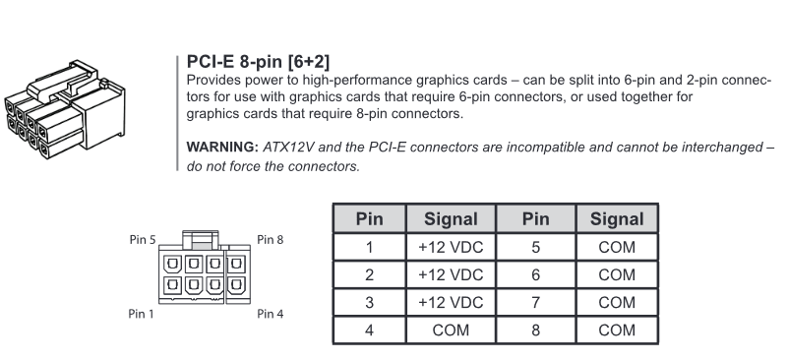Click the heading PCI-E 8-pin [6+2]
coord(259,62)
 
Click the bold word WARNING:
coord(222,148)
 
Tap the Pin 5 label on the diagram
coord(143,240)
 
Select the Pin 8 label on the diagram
coord(271,240)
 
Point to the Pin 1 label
coord(142,314)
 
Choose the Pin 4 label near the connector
coord(271,314)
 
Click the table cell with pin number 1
coord(369,247)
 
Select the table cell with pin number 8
coord(536,330)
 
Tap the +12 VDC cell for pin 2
coord(451,275)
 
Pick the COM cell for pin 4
coord(451,330)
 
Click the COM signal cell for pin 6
coord(617,275)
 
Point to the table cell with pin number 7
coord(536,303)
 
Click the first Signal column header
coord(451,219)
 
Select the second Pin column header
coord(536,219)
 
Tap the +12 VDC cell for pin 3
coord(451,303)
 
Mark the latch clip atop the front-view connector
coord(201,240)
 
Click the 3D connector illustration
coord(65,109)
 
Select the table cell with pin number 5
coord(536,247)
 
